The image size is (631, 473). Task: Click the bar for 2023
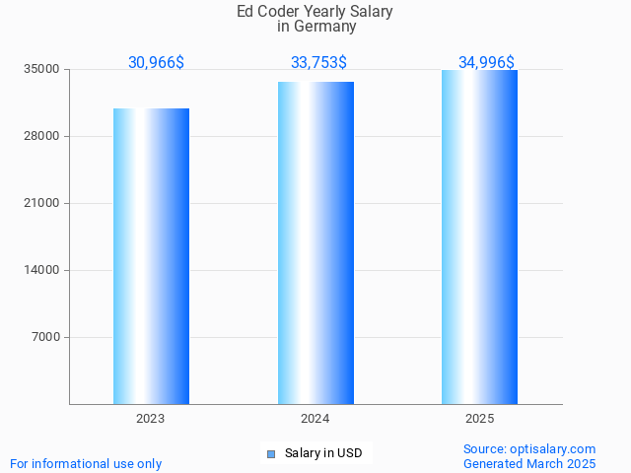coord(151,256)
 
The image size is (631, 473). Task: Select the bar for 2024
coord(315,242)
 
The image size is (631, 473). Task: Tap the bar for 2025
coord(479,236)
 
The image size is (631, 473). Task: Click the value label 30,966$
coord(156,63)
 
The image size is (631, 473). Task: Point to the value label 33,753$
coord(318,63)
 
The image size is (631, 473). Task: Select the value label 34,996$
coord(486,63)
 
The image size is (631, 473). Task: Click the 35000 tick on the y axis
coord(42,70)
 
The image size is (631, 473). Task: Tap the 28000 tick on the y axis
coord(42,137)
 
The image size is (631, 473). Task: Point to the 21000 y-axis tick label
coord(42,204)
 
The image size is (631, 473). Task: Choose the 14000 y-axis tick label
coord(42,271)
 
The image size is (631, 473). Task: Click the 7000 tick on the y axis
coord(45,338)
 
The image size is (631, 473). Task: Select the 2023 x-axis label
coord(151,419)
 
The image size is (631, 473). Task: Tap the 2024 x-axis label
coord(315,419)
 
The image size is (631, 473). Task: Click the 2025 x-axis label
coord(479,419)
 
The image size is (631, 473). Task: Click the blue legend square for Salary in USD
coord(271,454)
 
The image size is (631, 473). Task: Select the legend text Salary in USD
coord(323,454)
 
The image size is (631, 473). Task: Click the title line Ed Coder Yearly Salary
coord(315,12)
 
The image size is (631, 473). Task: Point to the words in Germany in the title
coord(315,27)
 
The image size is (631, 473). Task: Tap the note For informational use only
coord(86,464)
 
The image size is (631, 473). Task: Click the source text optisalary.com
coord(529,449)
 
